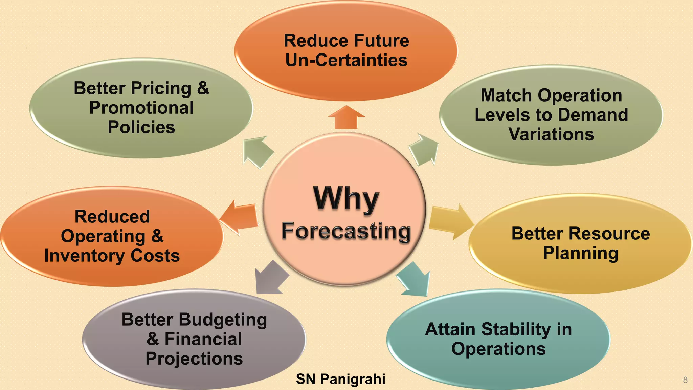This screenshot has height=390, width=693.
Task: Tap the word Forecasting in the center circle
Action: pyautogui.click(x=346, y=231)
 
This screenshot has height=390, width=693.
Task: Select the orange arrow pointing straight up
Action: pyautogui.click(x=346, y=118)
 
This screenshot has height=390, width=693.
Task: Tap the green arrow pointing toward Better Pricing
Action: pyautogui.click(x=257, y=152)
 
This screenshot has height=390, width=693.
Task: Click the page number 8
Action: pyautogui.click(x=685, y=380)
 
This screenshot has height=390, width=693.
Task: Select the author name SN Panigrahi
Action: pyautogui.click(x=340, y=379)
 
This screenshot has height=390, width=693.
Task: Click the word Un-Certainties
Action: pyautogui.click(x=346, y=60)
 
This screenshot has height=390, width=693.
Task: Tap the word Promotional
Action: pyautogui.click(x=141, y=108)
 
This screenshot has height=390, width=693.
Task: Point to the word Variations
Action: pyautogui.click(x=551, y=134)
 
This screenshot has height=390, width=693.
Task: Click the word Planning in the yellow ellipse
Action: pyautogui.click(x=581, y=253)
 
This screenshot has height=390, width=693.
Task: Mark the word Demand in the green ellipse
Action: pyautogui.click(x=593, y=115)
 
